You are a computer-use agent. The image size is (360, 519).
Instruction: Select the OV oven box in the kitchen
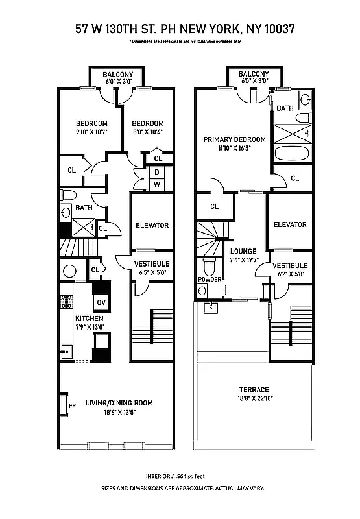(101, 302)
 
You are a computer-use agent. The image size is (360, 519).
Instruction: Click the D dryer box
(157, 172)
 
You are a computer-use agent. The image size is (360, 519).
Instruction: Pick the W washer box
(157, 184)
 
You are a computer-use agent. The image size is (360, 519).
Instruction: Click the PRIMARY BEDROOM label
(234, 139)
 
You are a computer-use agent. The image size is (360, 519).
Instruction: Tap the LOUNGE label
(243, 251)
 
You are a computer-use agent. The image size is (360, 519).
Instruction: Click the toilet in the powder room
(209, 266)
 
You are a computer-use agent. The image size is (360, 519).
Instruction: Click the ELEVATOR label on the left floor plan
(152, 225)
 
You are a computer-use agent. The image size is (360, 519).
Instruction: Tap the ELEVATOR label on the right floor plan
(290, 224)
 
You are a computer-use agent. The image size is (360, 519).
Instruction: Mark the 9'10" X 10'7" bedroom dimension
(91, 132)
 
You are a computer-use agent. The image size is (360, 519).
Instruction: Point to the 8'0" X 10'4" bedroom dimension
(148, 132)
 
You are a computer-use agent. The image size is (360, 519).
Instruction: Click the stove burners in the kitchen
(66, 301)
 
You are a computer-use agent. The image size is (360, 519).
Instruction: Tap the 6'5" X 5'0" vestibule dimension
(152, 272)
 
